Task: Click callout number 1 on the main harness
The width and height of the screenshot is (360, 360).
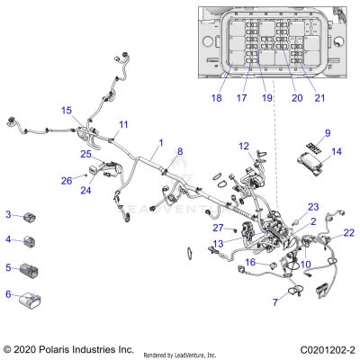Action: [160, 142]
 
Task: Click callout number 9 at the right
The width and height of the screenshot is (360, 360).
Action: [328, 133]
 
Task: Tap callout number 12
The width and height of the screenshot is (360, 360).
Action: [244, 146]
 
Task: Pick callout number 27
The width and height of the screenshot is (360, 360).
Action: [217, 228]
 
